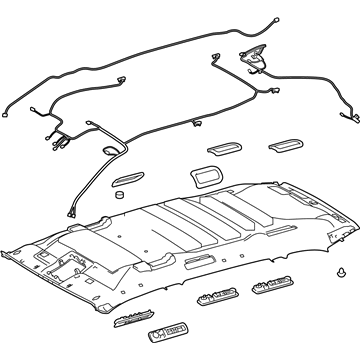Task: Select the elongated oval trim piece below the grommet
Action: (x=128, y=179)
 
